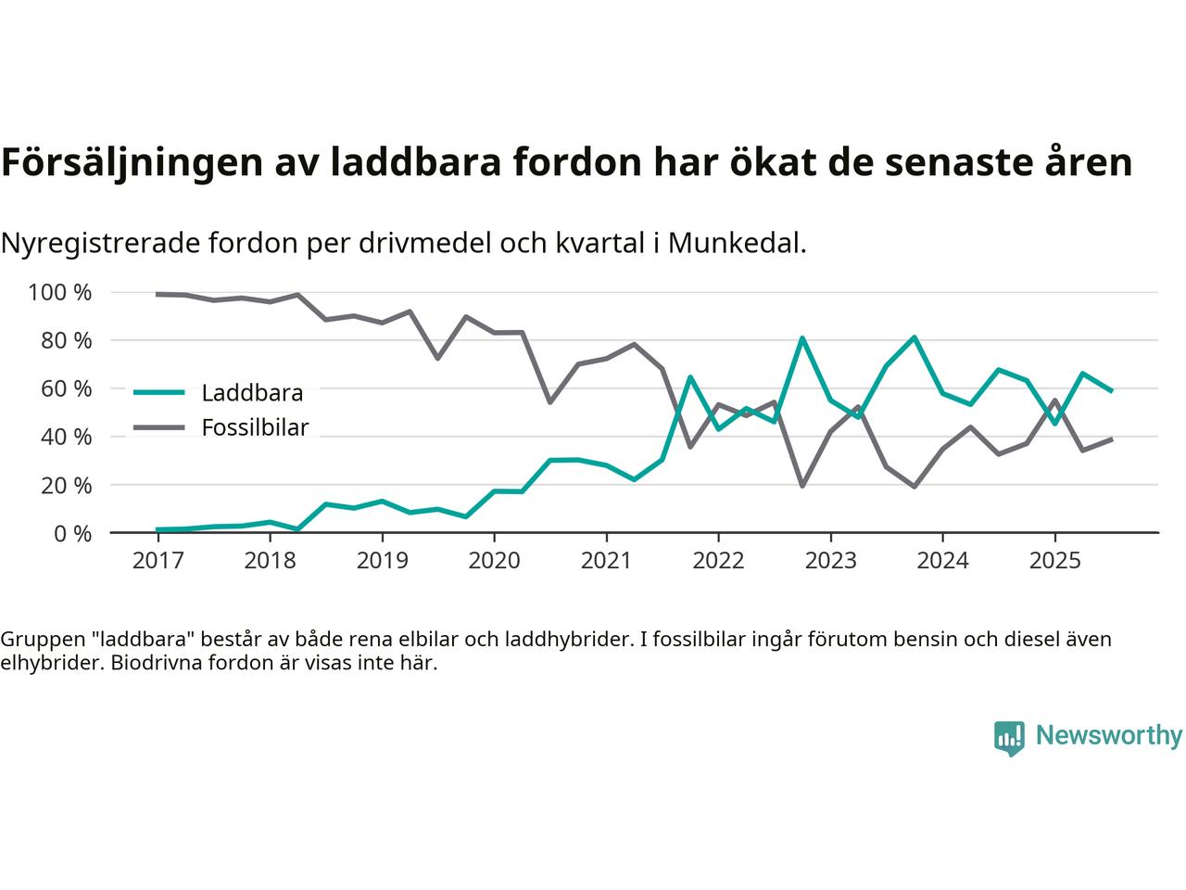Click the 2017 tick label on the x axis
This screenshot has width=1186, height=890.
click(158, 561)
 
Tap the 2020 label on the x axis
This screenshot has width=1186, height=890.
click(494, 561)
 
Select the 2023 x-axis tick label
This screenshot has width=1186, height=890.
click(830, 561)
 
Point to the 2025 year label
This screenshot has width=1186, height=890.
click(1054, 561)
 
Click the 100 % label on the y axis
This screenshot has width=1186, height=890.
click(60, 293)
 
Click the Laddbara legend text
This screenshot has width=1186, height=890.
click(252, 393)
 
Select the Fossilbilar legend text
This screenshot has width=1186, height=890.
click(255, 428)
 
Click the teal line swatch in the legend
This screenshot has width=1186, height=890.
click(159, 393)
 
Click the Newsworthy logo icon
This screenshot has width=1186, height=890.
click(1009, 738)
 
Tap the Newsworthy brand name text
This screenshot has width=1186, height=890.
click(1108, 736)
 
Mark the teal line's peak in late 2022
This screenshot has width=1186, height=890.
click(802, 338)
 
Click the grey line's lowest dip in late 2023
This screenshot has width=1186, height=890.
click(915, 486)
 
